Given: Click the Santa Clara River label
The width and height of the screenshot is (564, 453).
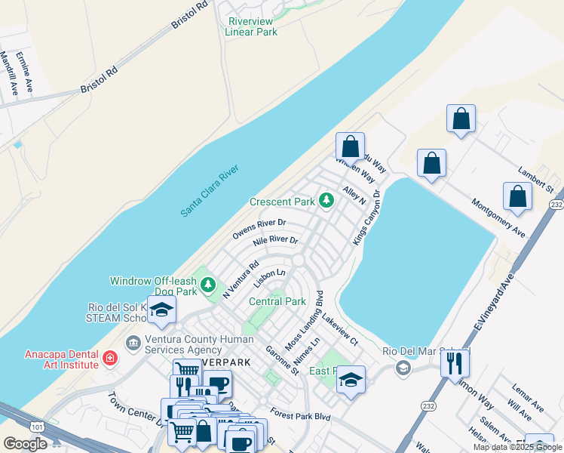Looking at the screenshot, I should (209, 192).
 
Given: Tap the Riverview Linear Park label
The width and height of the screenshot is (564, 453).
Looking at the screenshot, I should (252, 27).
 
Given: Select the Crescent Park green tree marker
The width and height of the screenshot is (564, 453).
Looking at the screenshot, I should (326, 201).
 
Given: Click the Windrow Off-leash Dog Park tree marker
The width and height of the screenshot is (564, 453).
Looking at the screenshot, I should (209, 285).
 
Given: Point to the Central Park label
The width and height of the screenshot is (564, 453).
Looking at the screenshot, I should (277, 301).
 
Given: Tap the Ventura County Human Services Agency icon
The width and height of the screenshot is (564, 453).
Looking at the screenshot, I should (134, 344).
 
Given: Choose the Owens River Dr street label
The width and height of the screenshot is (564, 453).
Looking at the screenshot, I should (259, 229).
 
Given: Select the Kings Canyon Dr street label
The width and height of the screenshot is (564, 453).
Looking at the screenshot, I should (366, 217).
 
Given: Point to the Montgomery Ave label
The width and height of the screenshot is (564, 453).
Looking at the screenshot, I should (498, 217).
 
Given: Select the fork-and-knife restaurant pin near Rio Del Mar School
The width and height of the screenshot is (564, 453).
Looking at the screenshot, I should (454, 362).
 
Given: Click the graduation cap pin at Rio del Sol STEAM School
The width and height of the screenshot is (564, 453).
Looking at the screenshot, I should (161, 310).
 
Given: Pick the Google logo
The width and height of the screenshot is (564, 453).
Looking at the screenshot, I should (25, 444).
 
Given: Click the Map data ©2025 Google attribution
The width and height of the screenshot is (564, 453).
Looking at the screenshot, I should (517, 447).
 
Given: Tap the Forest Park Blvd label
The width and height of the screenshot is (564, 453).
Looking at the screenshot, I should (302, 414).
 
